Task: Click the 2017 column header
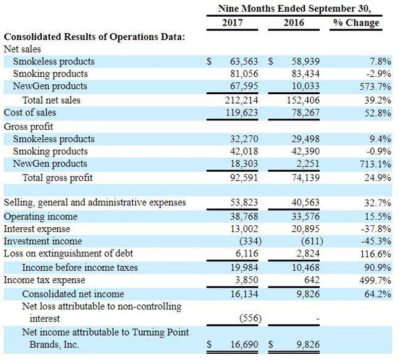coord(232,23)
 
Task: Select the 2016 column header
coord(293,23)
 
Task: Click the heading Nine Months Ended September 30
coord(294,9)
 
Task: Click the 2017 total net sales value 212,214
coord(244,100)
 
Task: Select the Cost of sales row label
coord(30,112)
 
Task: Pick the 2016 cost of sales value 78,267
coord(305,112)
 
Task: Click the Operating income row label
coord(41,216)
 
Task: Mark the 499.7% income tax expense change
coord(375,280)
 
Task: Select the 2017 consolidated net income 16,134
coord(246,294)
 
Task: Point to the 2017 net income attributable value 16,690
coord(246,344)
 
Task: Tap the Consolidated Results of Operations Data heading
coord(94,37)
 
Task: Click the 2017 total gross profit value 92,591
coord(246,178)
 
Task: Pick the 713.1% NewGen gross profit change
coord(375,164)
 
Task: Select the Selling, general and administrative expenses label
coord(95,203)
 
